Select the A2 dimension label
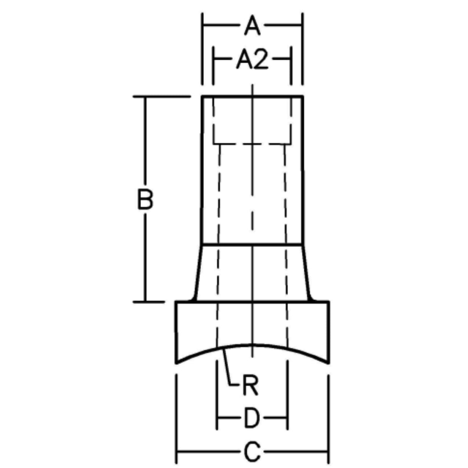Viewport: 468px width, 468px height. (252, 60)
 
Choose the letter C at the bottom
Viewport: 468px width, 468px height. (252, 452)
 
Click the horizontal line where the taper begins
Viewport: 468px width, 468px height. (252, 244)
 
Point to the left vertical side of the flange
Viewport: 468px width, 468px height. (177, 332)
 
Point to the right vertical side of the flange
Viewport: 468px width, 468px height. (328, 332)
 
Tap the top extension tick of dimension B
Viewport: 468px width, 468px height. (162, 96)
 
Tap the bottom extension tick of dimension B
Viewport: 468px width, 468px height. (149, 301)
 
